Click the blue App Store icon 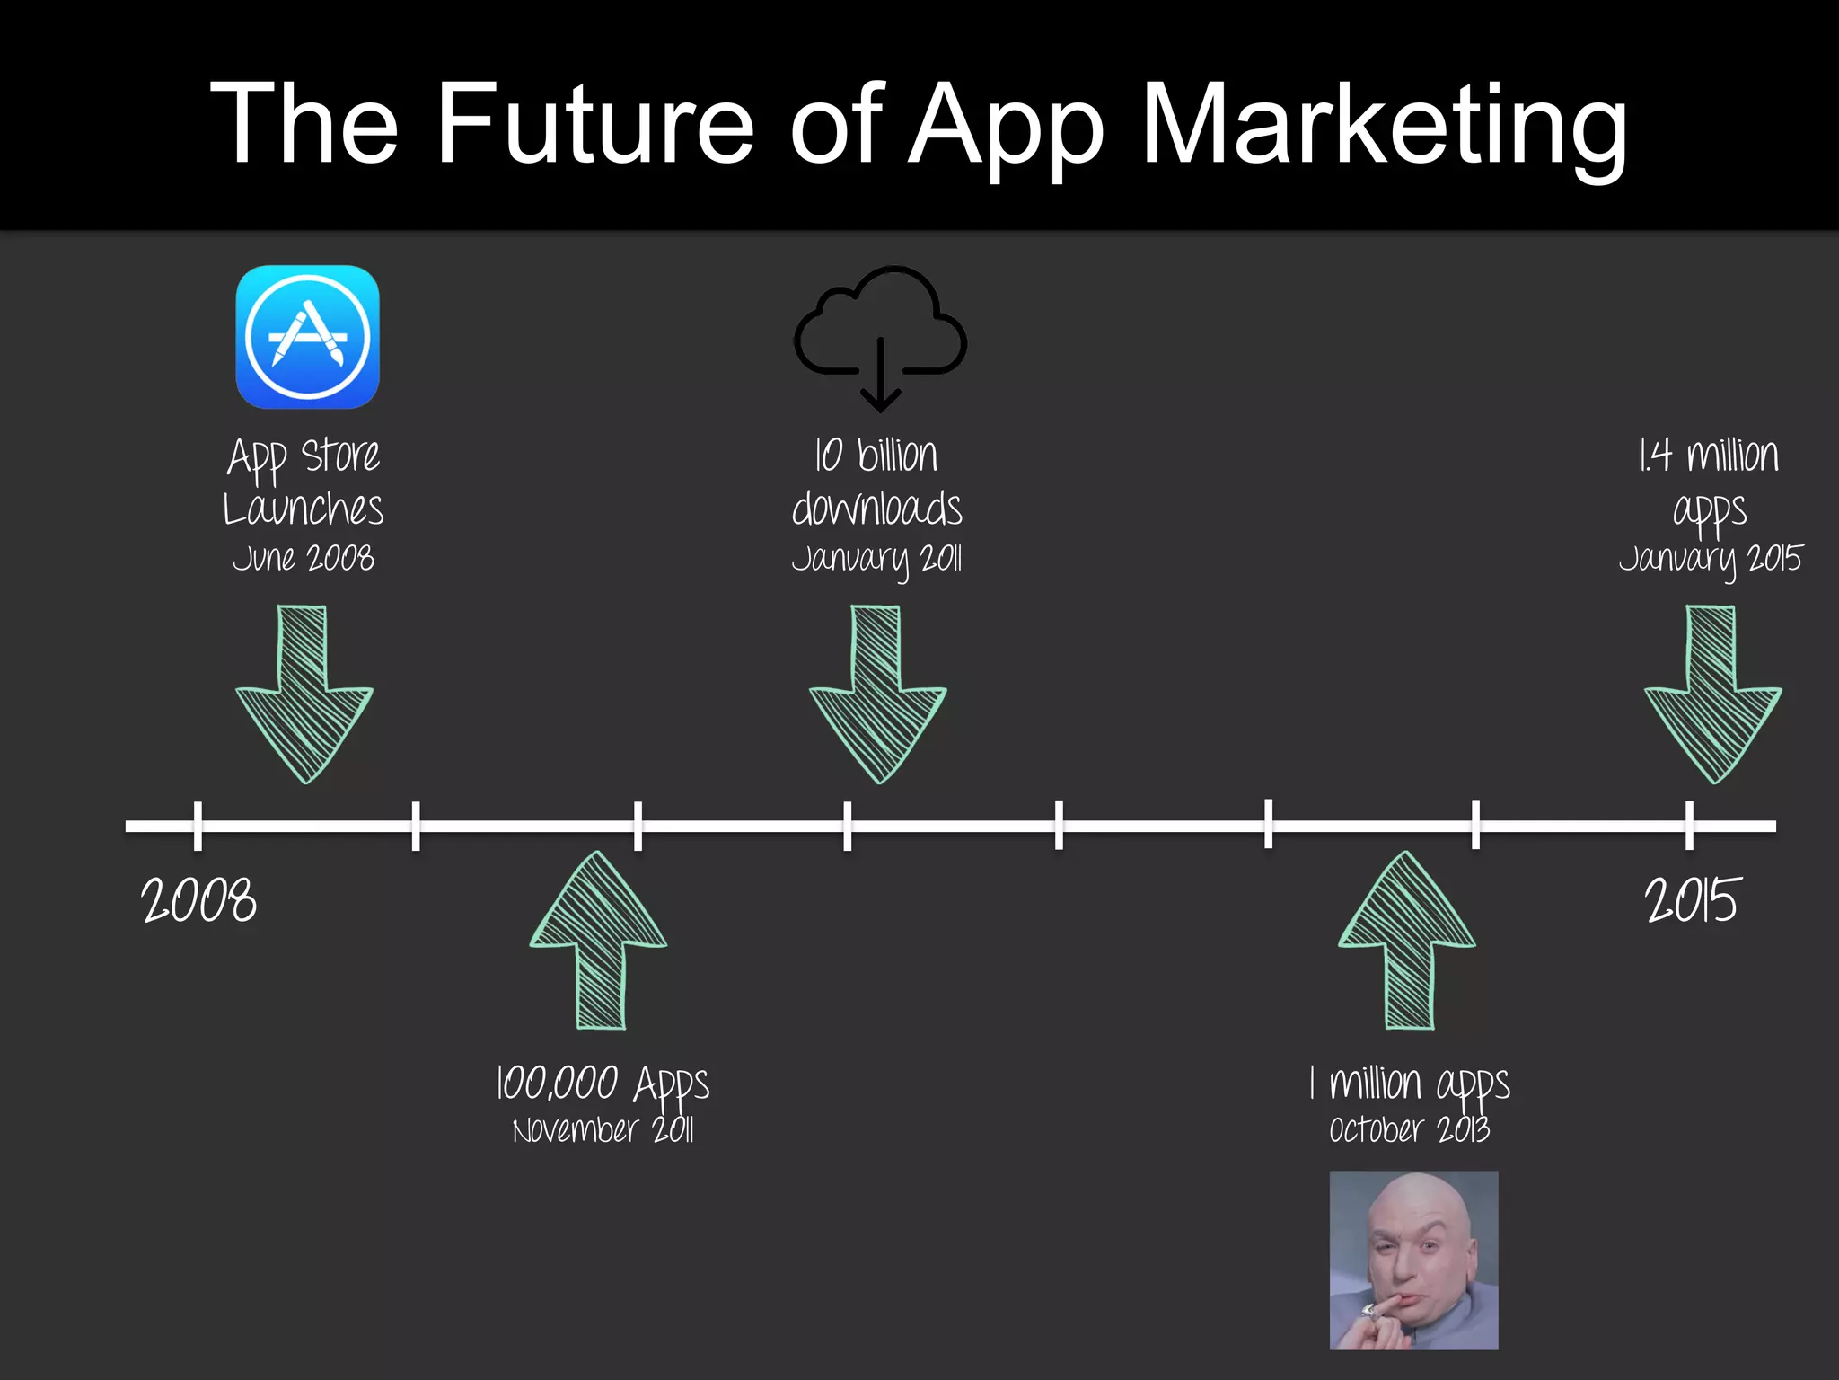pyautogui.click(x=307, y=337)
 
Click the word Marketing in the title pyautogui.click(x=1383, y=126)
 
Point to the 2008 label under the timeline pyautogui.click(x=198, y=900)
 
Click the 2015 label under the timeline pyautogui.click(x=1693, y=900)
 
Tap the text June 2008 pyautogui.click(x=304, y=558)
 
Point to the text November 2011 pyautogui.click(x=603, y=1129)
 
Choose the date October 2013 pyautogui.click(x=1410, y=1129)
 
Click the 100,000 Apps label pyautogui.click(x=603, y=1083)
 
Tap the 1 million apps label pyautogui.click(x=1410, y=1083)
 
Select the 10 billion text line pyautogui.click(x=877, y=455)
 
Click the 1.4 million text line pyautogui.click(x=1709, y=455)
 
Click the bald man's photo pyautogui.click(x=1413, y=1260)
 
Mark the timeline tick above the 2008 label pyautogui.click(x=198, y=825)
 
